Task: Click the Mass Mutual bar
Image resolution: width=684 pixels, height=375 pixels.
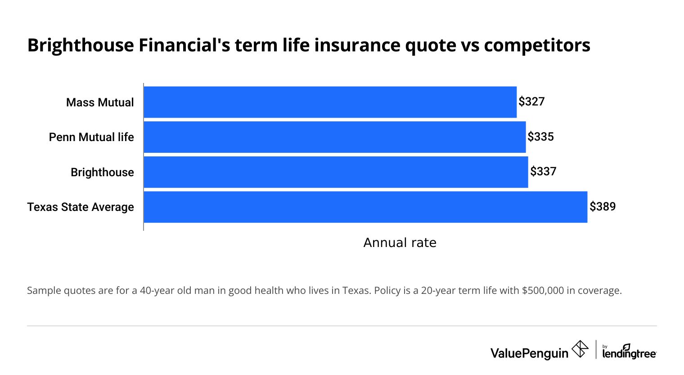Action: [330, 102]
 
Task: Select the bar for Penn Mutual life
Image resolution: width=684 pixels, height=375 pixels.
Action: [334, 137]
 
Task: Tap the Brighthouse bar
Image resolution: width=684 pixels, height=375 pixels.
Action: [336, 172]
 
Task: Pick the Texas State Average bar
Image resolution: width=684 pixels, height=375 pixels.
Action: [365, 207]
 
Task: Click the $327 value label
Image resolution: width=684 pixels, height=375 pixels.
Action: [531, 101]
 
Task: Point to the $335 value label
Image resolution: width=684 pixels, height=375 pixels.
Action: [540, 137]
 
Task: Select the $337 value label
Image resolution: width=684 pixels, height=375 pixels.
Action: [543, 171]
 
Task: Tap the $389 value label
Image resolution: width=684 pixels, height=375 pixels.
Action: [603, 206]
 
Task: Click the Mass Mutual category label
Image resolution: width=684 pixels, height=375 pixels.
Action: [100, 102]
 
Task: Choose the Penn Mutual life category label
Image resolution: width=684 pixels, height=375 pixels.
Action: [91, 137]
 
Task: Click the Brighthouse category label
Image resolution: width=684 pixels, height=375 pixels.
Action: [102, 172]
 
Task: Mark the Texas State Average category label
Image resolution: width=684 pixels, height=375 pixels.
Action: [81, 207]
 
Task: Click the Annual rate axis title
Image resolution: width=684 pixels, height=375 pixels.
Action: [400, 242]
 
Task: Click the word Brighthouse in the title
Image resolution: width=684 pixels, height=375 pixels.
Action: [81, 46]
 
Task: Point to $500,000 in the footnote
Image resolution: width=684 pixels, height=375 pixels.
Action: [543, 290]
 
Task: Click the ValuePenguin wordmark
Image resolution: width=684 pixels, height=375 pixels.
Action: [529, 353]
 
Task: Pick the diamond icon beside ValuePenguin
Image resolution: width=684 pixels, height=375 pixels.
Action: [580, 349]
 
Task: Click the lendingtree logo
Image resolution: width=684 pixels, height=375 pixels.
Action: [629, 352]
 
